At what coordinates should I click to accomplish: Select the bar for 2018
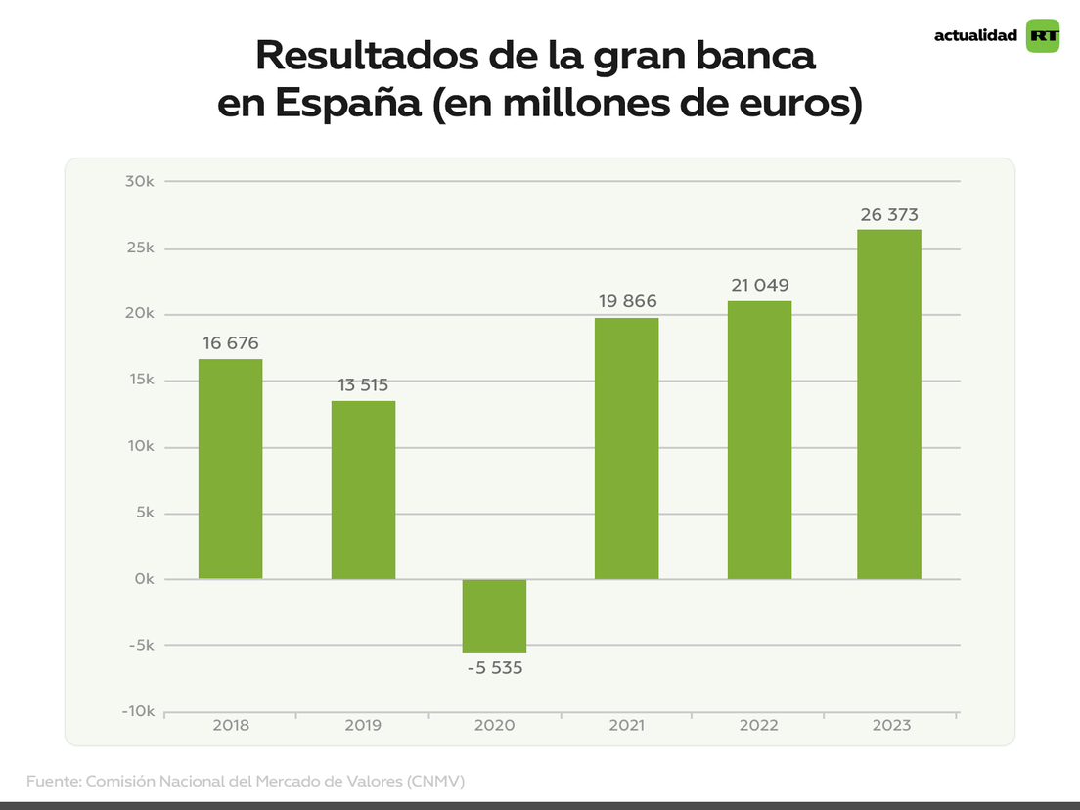pos(230,469)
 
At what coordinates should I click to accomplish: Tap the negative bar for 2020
pos(494,615)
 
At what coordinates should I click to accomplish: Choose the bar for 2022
pos(759,439)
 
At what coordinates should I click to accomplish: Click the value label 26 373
pos(889,215)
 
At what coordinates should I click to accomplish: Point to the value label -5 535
pos(494,669)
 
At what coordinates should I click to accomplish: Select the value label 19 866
pos(627,301)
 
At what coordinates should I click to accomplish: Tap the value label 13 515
pos(363,385)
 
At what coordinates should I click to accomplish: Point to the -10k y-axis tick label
pos(137,711)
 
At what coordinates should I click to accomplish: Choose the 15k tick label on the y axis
pos(141,381)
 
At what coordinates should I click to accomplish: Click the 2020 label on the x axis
pos(494,726)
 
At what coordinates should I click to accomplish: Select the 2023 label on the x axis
pos(889,726)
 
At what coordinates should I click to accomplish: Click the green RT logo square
pos(1043,36)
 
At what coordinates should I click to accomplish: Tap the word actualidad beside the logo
pos(975,36)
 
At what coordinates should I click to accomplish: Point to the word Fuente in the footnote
pos(53,782)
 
